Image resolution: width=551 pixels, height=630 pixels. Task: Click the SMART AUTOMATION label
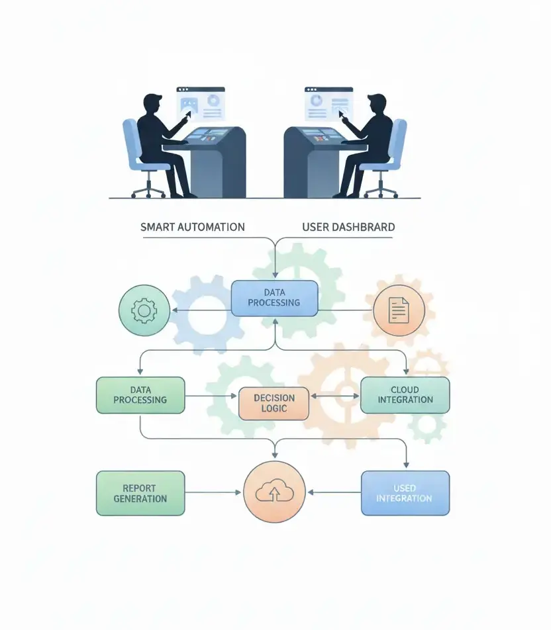tap(192, 227)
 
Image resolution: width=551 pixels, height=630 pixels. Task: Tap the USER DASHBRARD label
tap(348, 227)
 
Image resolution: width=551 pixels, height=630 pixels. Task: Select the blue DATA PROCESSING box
tap(274, 298)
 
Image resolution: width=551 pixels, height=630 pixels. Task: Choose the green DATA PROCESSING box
tap(140, 395)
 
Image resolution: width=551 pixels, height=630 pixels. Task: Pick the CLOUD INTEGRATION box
tap(405, 395)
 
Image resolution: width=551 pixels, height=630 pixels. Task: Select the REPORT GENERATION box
tap(140, 493)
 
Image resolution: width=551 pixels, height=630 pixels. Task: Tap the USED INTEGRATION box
tap(405, 493)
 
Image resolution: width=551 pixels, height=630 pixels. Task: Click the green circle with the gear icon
tap(143, 310)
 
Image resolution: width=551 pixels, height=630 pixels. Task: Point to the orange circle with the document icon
tap(397, 310)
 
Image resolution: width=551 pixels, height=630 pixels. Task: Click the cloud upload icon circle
tap(274, 493)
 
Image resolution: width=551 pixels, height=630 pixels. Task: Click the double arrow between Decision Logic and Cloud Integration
tap(334, 396)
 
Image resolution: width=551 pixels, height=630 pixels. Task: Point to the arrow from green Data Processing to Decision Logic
tap(211, 396)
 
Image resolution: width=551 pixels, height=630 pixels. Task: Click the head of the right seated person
tap(376, 106)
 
